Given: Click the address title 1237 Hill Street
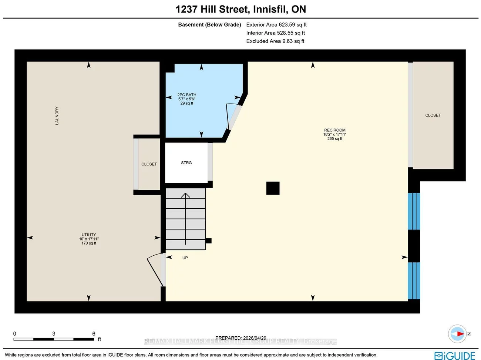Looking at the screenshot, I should [x=240, y=9].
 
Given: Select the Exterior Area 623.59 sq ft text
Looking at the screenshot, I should [x=276, y=25].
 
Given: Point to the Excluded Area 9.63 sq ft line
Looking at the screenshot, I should [x=275, y=41].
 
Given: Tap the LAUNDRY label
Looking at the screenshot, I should [x=57, y=115].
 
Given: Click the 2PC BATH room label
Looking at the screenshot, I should [x=187, y=95].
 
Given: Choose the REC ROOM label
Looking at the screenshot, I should [x=334, y=130].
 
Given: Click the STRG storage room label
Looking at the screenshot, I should [x=186, y=163].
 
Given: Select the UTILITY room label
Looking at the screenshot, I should [x=89, y=235].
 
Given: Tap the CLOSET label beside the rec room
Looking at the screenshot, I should [x=433, y=115].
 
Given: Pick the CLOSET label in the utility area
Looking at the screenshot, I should [x=149, y=164].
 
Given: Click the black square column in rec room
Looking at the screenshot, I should [x=273, y=188].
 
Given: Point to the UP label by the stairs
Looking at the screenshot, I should [x=185, y=258].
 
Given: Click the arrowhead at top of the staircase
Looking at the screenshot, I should [x=185, y=195].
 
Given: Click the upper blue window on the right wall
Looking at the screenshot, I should [x=414, y=211].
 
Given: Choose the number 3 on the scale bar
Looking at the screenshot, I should [x=54, y=334].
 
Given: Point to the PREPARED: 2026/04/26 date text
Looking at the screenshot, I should [x=240, y=338].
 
